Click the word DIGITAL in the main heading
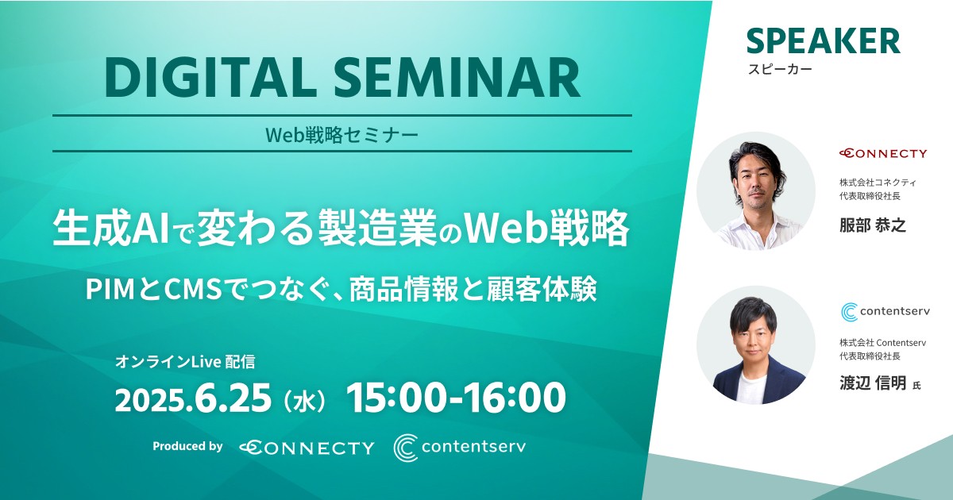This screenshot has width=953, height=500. (x=211, y=79)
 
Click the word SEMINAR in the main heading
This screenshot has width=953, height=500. (x=457, y=79)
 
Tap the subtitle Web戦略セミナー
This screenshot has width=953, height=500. (x=342, y=135)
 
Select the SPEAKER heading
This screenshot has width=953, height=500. (x=824, y=41)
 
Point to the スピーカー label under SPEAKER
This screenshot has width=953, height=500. (x=780, y=69)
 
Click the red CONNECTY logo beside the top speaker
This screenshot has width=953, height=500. (x=883, y=153)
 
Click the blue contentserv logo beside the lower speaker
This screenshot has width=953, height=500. (x=885, y=312)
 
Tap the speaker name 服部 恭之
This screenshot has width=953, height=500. (x=873, y=225)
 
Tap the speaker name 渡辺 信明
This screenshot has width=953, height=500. (x=873, y=383)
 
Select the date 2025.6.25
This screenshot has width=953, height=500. (x=193, y=398)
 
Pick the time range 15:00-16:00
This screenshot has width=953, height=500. (x=456, y=398)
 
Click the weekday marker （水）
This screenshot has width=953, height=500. (x=305, y=401)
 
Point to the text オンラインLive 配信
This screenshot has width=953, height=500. (x=185, y=362)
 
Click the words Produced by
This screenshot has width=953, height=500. (x=187, y=446)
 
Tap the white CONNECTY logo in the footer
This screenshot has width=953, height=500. (x=307, y=448)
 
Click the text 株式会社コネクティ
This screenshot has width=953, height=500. (x=878, y=183)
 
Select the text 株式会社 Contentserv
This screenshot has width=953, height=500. (x=882, y=342)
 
